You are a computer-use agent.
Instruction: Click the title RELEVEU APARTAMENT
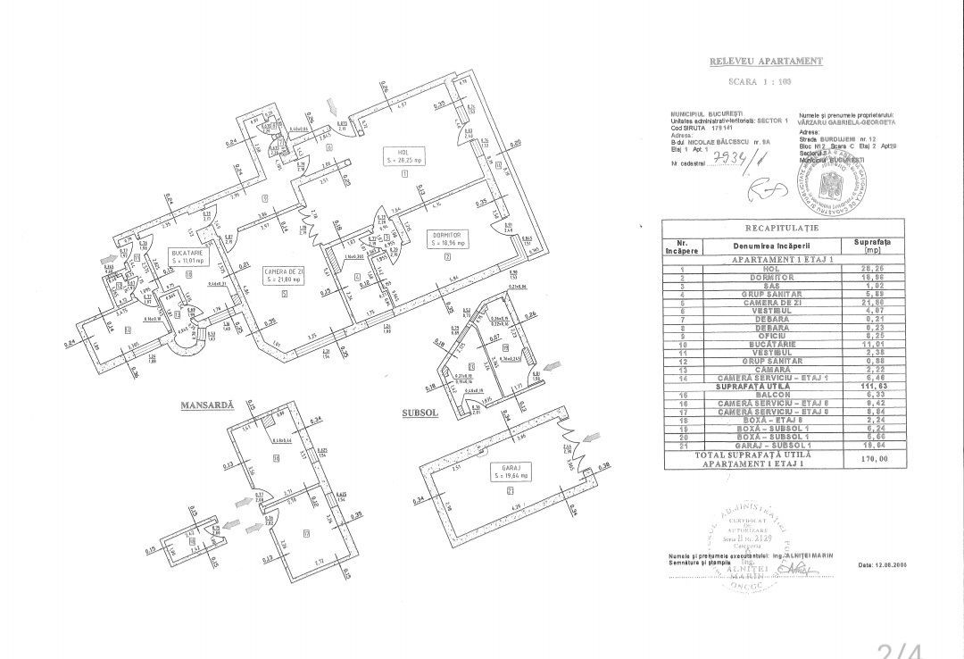(x=765, y=62)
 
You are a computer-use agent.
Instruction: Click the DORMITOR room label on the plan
(x=446, y=238)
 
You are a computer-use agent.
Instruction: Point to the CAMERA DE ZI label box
(x=283, y=275)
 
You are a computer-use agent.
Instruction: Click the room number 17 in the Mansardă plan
(x=282, y=535)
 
